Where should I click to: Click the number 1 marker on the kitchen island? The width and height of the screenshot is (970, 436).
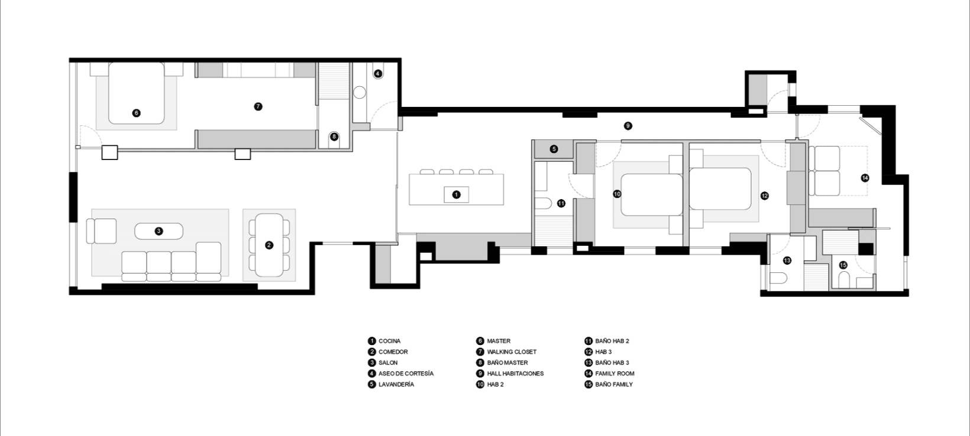pos(456,194)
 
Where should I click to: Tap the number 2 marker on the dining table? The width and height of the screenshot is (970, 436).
pos(269,245)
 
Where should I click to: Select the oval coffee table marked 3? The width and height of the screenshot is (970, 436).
pos(159,231)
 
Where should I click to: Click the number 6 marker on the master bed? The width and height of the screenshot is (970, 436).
pos(137,112)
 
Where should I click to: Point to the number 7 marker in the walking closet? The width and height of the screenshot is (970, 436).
pos(258,107)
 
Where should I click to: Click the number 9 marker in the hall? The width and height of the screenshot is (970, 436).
pos(628,126)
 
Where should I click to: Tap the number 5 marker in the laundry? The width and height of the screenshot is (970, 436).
pos(554,149)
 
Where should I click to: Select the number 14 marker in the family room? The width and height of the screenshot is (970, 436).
pos(865,177)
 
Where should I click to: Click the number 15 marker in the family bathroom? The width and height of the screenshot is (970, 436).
pos(843,265)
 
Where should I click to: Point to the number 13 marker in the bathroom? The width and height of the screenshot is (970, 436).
pos(787,261)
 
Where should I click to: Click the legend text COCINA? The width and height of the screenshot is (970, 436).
pos(389,341)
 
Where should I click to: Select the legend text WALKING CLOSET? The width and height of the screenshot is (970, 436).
pos(512,352)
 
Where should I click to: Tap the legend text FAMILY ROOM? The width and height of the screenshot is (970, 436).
pos(615,373)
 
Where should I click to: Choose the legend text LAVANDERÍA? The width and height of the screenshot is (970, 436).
pos(396,384)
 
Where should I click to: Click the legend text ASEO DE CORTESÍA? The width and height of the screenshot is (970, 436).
pos(406,373)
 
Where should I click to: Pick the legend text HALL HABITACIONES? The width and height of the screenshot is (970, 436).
pos(515,373)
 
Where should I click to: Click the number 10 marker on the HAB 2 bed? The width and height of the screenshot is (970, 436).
pos(617,194)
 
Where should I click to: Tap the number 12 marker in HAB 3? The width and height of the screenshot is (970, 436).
pos(764,196)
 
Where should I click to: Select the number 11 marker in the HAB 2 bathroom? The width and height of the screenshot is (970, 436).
pos(561,203)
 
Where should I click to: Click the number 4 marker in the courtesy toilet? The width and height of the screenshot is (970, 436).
pos(378,74)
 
